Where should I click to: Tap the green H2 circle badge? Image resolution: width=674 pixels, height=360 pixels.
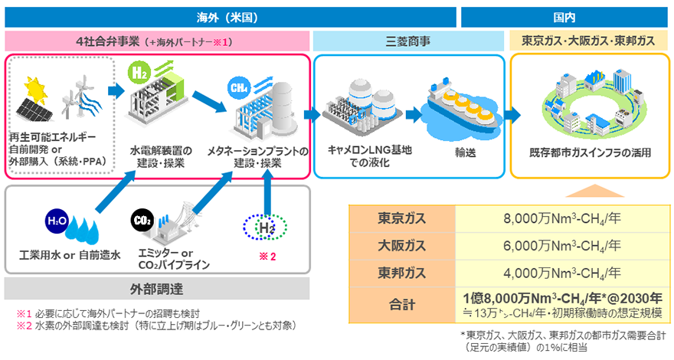pos(139,72)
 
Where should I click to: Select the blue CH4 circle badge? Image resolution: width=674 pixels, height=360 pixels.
pos(238,88)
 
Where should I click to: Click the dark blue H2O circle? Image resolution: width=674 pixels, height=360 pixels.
pos(57,221)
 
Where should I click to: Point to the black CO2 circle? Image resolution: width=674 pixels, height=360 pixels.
pos(142,221)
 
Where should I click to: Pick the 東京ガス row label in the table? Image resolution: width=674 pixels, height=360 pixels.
pos(402,218)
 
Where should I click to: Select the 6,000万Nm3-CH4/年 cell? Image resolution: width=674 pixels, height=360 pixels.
pos(562,246)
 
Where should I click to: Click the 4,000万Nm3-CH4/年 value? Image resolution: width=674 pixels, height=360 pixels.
pos(562,273)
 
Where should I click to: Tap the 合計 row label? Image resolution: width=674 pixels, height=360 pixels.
pos(402,304)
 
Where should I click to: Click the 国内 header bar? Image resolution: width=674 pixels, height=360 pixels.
pos(564,17)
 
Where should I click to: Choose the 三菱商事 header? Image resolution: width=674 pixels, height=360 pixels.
pos(408,41)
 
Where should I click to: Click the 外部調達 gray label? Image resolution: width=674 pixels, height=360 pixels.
pos(157,289)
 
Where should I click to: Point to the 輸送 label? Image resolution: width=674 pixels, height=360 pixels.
pos(466,152)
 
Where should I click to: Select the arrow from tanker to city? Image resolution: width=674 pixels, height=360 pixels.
pos(512,115)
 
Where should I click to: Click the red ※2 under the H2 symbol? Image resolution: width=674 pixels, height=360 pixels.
pos(267,257)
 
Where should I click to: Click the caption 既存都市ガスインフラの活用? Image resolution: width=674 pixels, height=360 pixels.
pos(591,152)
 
